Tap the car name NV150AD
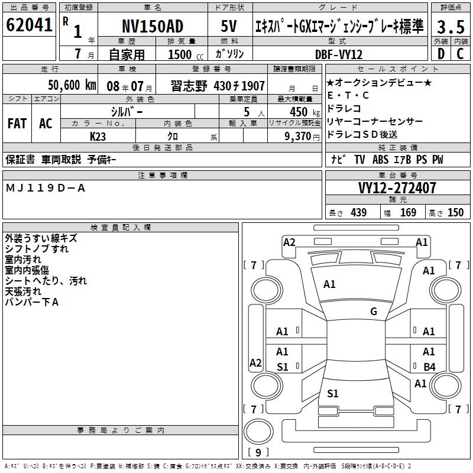[153, 26]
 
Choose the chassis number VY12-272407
[397, 189]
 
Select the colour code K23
[98, 136]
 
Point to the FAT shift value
[17, 123]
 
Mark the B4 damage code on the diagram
[429, 367]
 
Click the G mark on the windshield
[374, 312]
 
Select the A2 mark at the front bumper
[289, 242]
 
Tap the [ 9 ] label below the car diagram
[258, 453]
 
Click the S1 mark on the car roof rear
[333, 394]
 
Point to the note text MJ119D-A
[46, 188]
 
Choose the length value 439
[358, 213]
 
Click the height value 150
[455, 213]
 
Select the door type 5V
[229, 26]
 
